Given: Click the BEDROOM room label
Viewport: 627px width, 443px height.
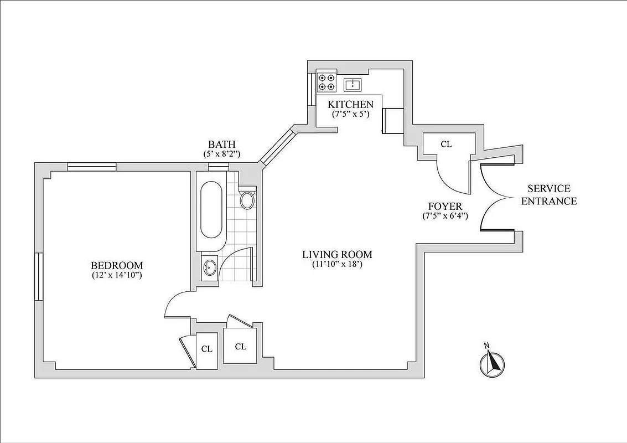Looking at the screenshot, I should click(117, 265).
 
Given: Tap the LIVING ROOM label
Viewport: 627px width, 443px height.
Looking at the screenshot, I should click(337, 255).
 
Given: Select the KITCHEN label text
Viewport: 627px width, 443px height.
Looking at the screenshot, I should click(350, 104).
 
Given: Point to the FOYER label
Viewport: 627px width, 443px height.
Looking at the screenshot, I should click(445, 207).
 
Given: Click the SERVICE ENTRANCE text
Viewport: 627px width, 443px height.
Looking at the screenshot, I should click(548, 195).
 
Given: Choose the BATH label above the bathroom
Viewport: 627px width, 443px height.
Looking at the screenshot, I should click(222, 145).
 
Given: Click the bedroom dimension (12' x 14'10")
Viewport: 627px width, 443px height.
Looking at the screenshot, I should click(117, 275).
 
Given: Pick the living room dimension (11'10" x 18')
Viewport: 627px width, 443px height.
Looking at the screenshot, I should click(336, 265).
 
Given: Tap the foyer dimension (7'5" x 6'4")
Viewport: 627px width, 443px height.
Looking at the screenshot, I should click(445, 216).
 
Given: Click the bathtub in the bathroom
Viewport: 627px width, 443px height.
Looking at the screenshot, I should click(211, 209).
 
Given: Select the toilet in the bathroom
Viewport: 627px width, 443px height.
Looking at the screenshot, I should click(248, 200).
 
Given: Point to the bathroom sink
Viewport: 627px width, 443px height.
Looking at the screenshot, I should click(209, 269).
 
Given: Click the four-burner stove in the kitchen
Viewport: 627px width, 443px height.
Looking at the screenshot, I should click(326, 83).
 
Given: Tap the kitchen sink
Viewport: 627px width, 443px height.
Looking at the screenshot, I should click(353, 84).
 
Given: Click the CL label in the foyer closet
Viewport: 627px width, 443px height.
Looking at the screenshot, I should click(446, 144).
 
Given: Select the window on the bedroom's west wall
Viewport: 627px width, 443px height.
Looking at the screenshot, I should click(39, 277).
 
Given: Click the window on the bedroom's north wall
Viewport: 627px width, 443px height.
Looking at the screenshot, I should click(92, 166).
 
